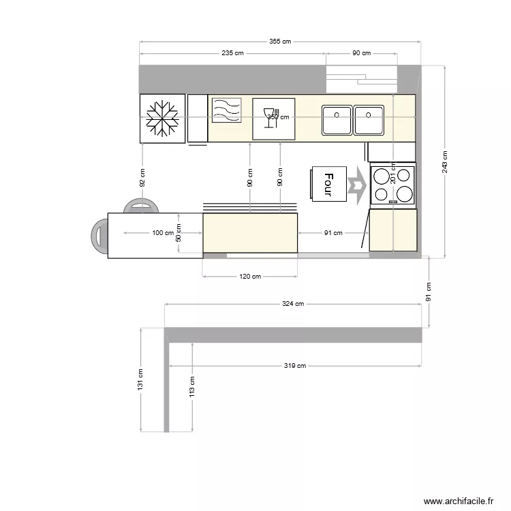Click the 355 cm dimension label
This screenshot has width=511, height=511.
tap(280, 42)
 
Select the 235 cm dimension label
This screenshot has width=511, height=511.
tap(232, 53)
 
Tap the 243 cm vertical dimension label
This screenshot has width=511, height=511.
tap(444, 161)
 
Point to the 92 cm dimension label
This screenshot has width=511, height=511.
tap(142, 178)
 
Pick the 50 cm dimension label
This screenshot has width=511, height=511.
tap(179, 234)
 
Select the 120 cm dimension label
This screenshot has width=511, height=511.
tap(250, 277)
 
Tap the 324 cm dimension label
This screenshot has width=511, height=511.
tap(293, 305)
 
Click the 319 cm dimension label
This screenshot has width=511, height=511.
tap(295, 366)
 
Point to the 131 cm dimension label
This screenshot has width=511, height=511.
tap(140, 380)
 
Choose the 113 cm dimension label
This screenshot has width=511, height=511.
tap(192, 386)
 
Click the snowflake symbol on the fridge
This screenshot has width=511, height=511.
tap(163, 119)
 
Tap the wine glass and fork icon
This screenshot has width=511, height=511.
tap(273, 119)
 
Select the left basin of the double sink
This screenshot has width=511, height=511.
tap(337, 121)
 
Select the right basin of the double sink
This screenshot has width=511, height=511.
tap(369, 121)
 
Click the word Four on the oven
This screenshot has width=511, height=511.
tap(328, 184)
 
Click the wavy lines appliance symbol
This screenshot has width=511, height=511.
tap(226, 110)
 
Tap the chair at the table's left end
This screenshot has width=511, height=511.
tap(99, 235)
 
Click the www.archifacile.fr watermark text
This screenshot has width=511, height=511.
tap(458, 501)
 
